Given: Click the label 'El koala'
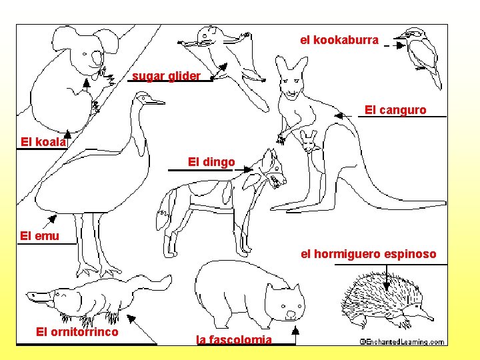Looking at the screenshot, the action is point(43,142).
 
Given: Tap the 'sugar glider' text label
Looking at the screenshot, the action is point(166,76).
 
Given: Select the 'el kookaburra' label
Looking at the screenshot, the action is point(339,40).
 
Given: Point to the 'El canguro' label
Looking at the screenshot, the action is point(395,110).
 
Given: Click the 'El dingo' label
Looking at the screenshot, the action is point(211,162).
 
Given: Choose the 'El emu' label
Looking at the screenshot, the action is point(39,236).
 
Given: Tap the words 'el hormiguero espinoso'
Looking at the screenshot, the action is point(368,254).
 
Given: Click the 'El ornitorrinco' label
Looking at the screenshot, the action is point(77,332).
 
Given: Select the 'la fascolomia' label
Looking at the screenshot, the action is point(234,339).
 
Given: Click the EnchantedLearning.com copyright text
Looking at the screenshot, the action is point(402,341).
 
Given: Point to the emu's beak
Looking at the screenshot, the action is point(155,101).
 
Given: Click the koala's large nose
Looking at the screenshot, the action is point(97,58).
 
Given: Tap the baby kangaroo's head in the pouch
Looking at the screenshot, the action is point(309,141).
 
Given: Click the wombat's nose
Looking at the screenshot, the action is point(291,315).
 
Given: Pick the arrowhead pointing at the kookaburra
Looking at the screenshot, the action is point(401,45).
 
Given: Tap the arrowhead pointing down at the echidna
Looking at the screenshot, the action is point(386,287).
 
